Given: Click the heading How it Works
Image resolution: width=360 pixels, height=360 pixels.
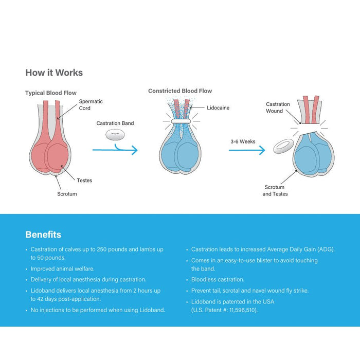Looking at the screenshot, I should tap(54, 73).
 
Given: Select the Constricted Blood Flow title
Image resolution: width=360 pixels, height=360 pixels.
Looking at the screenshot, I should tap(180, 91).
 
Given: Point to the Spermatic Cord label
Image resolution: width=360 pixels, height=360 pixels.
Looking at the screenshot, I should tap(91, 105).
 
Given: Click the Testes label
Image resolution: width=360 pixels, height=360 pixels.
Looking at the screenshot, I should tap(84, 181).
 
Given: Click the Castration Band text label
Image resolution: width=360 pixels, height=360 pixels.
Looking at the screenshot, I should tap(115, 123).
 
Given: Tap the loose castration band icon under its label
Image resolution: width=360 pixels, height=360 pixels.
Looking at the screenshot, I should tap(115, 135).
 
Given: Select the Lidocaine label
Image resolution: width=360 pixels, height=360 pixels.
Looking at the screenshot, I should tap(218, 108).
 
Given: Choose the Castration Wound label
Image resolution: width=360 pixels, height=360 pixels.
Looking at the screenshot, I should tap(278, 107).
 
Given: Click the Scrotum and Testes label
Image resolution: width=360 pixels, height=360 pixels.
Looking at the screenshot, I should tap(275, 191).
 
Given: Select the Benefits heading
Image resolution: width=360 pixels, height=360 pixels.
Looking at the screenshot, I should tap(43, 235).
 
